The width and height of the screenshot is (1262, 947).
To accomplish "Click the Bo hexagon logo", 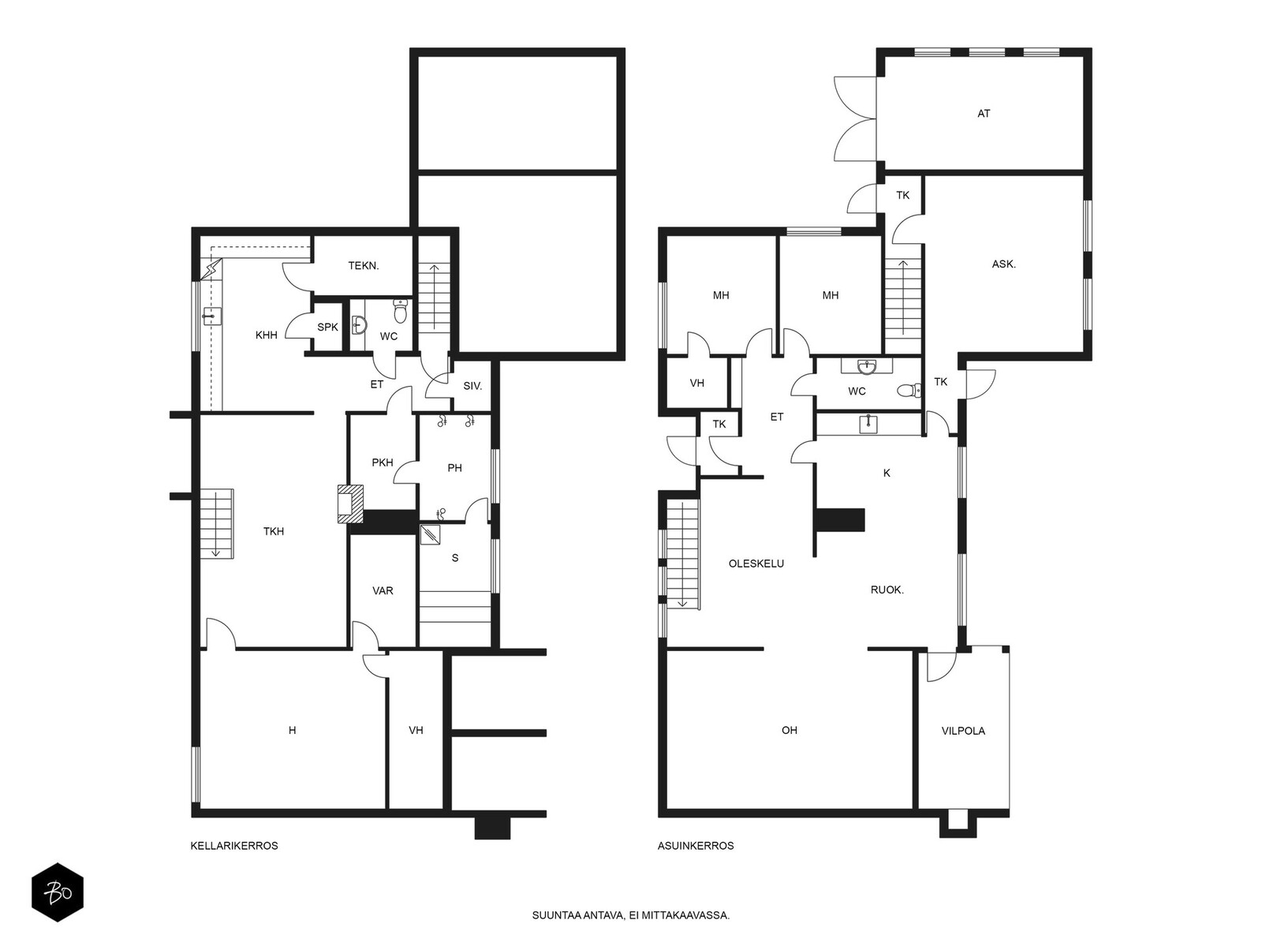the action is tap(58, 893).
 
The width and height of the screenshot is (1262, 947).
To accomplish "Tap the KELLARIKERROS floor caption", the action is tap(234, 846).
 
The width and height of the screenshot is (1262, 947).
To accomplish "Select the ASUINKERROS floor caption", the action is tap(696, 846).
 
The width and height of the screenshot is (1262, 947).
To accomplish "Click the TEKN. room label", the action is tap(364, 266).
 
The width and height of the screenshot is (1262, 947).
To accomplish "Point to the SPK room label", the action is tap(327, 328).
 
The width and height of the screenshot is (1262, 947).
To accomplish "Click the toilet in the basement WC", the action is tap(401, 311).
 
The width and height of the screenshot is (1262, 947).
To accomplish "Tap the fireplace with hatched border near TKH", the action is tap(350, 503).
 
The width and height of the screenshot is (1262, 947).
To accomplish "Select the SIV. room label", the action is tap(472, 387).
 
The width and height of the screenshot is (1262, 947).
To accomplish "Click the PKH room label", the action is tap(383, 462).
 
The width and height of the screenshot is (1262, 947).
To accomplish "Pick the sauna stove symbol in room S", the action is tap(430, 535).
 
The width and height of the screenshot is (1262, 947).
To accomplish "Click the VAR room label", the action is tap(383, 590).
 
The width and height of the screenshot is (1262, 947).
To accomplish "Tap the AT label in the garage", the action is tap(984, 114).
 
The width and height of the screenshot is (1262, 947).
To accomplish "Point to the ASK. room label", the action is tap(1004, 264).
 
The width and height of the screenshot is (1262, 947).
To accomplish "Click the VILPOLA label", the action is tap(963, 731).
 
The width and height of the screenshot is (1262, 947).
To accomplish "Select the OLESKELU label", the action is tap(756, 563).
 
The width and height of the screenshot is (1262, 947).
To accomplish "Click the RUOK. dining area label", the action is tap(887, 590).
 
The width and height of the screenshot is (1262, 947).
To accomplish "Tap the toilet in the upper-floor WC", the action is tap(909, 391).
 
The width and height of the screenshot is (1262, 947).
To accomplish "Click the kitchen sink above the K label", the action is tap(868, 425).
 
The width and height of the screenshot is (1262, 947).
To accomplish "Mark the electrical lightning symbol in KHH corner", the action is tap(213, 268).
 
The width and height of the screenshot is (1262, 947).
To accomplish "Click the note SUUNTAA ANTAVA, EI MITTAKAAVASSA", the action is tap(631, 915).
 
